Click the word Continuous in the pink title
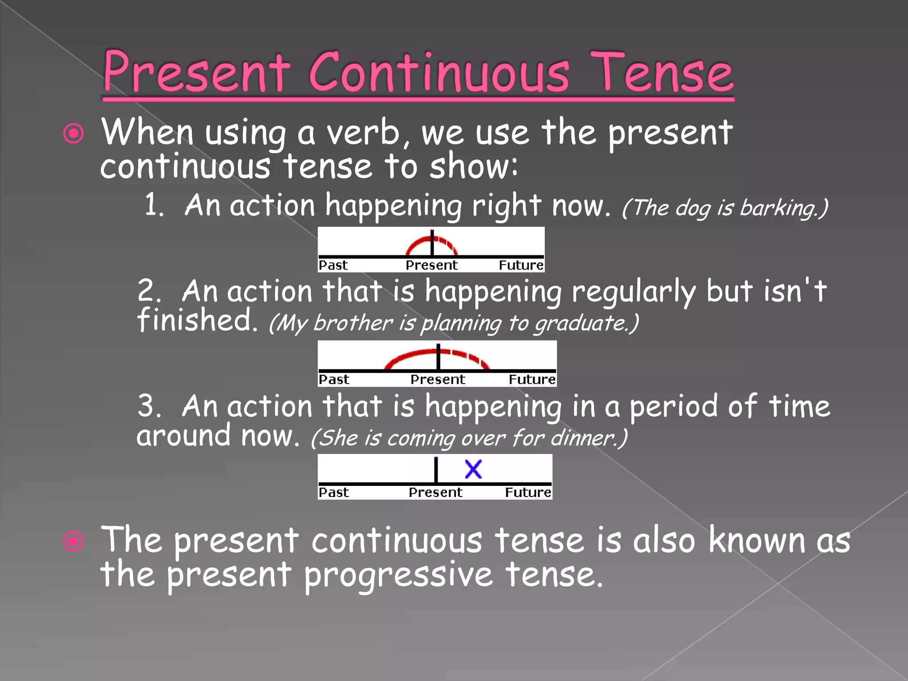[x=439, y=73]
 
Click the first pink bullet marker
[x=74, y=133]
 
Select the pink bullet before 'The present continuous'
[x=74, y=541]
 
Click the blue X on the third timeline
[x=473, y=469]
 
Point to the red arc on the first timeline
[x=419, y=243]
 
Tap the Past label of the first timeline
[x=333, y=265]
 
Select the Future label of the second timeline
[x=532, y=380]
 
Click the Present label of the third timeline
[x=435, y=493]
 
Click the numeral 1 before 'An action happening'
[x=153, y=206]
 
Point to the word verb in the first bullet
[x=366, y=133]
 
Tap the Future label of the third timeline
[x=528, y=493]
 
